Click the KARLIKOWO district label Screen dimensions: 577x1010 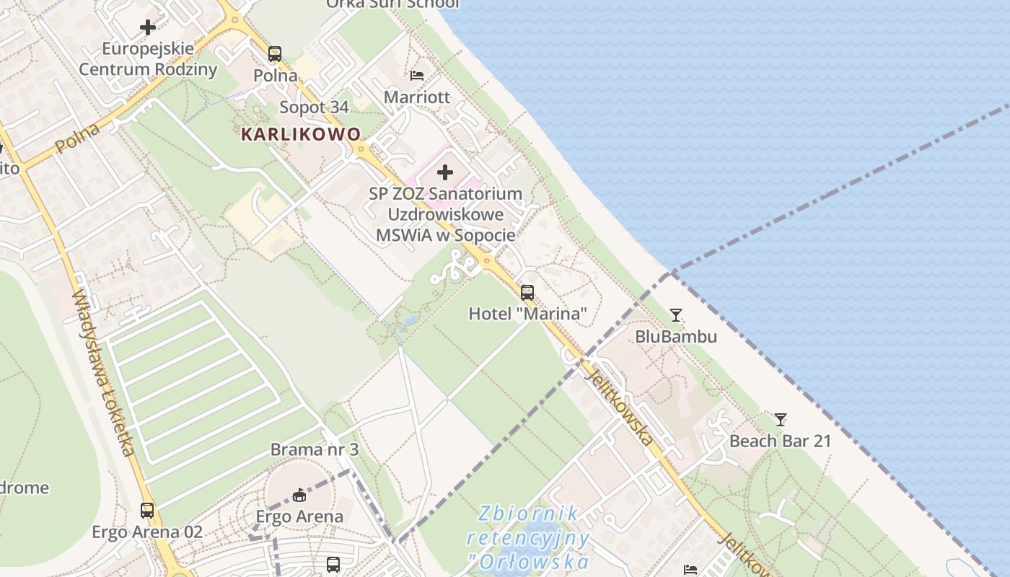301,134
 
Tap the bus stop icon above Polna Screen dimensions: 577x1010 274,53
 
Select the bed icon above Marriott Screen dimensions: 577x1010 417,75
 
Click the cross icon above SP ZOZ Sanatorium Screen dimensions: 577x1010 445,172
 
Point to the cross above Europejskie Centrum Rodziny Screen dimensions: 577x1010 148,27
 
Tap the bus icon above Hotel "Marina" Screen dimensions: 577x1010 527,292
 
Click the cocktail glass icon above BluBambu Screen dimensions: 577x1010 675,314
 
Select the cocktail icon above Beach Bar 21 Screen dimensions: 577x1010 780,419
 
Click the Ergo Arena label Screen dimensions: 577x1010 299,516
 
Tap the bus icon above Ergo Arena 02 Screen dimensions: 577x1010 147,510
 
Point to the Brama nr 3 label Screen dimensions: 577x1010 314,449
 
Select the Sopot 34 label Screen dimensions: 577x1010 314,107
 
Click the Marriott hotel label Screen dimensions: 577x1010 416,97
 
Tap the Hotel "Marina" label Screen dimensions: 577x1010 527,314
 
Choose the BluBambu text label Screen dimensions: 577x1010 675,336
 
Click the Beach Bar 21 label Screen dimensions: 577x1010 780,441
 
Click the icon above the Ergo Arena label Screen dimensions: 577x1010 299,495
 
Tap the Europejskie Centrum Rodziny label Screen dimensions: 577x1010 148,59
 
